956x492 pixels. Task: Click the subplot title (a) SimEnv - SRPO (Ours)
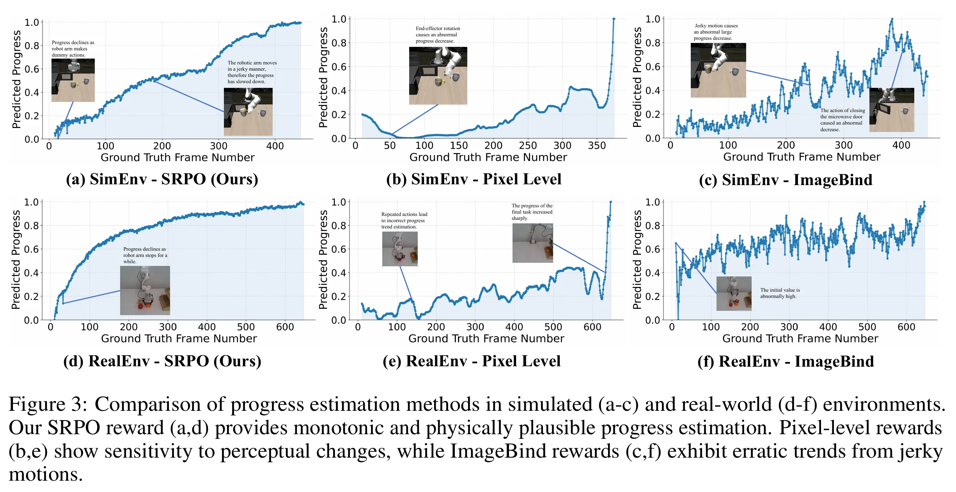coord(162,179)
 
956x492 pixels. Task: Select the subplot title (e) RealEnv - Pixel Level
coord(472,361)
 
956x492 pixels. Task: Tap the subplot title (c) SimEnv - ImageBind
coord(786,180)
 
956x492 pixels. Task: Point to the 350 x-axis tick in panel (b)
coord(597,146)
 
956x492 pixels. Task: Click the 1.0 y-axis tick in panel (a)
coord(32,23)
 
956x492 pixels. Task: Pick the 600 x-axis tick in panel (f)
coord(906,327)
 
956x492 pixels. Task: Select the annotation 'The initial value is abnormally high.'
coord(780,293)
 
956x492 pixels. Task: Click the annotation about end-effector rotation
coord(438,35)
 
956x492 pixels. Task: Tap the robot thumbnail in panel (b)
coord(438,76)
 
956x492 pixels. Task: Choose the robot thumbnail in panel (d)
coord(145,290)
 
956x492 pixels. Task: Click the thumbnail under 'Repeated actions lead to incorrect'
coord(399,249)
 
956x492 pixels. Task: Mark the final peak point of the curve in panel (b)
coord(614,19)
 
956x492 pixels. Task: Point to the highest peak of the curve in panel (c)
coord(892,19)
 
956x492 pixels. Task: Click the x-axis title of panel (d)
coord(179,339)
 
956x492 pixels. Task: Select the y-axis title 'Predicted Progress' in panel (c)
coord(637,77)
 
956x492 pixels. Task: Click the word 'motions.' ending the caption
coord(46,475)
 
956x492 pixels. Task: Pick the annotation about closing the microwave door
coord(842,120)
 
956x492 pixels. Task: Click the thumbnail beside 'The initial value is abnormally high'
coord(734,294)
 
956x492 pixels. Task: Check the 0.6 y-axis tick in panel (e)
coord(339,249)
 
